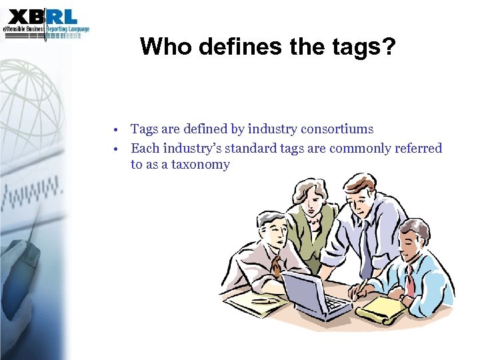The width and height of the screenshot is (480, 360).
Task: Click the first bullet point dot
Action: pyautogui.click(x=115, y=129)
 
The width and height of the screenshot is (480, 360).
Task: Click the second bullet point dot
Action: pyautogui.click(x=115, y=149)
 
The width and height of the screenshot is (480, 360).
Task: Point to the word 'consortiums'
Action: pyautogui.click(x=339, y=129)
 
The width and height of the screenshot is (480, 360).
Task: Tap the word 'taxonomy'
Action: pyautogui.click(x=201, y=165)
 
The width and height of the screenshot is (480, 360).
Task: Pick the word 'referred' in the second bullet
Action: pyautogui.click(x=417, y=148)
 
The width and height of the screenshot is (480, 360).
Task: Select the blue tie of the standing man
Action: pyautogui.click(x=366, y=240)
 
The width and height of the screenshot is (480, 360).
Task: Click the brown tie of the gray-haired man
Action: pyautogui.click(x=275, y=267)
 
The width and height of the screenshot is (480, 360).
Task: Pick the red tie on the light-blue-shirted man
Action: pyautogui.click(x=410, y=280)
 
